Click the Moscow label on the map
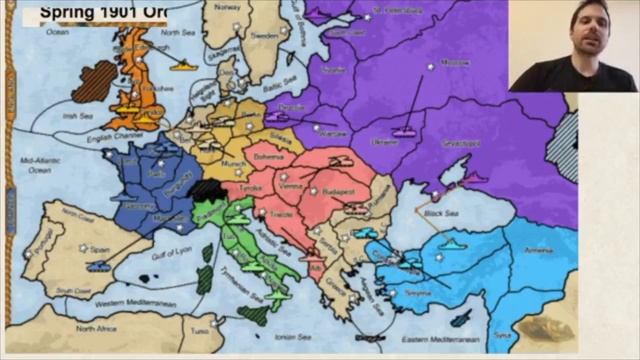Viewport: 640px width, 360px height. pos(456,62)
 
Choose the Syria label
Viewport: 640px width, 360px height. pos(530,334)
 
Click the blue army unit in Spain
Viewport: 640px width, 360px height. pos(99,266)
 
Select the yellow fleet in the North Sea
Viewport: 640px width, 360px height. pos(184,65)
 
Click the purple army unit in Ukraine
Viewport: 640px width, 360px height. pos(404,131)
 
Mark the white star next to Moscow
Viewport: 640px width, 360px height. pos(431,67)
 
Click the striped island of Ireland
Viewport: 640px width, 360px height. pos(94,80)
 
